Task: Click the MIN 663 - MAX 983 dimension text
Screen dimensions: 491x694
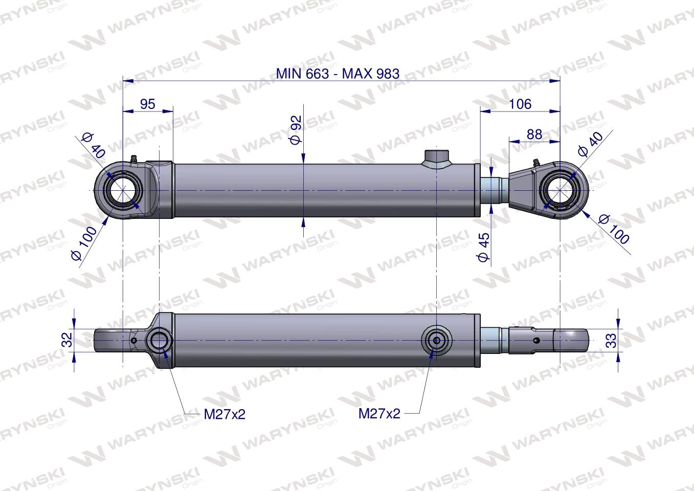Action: pos(337,73)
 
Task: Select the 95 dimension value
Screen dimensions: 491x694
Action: pos(147,104)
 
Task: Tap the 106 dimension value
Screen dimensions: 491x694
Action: pos(520,104)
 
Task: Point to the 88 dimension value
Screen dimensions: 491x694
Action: pos(534,134)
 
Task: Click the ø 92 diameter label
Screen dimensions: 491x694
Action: pos(296,129)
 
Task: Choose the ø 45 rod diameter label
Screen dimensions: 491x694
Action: pos(483,247)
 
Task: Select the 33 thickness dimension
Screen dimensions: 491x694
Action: pos(611,340)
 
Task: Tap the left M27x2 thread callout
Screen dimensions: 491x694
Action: pos(225,414)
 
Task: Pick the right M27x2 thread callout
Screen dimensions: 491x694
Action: pos(379,413)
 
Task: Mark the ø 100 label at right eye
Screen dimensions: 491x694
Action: pos(614,229)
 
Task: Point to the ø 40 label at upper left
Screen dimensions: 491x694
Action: pos(93,145)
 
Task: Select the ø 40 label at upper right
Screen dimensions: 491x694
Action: pos(590,143)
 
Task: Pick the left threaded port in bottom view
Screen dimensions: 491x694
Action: pos(160,340)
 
